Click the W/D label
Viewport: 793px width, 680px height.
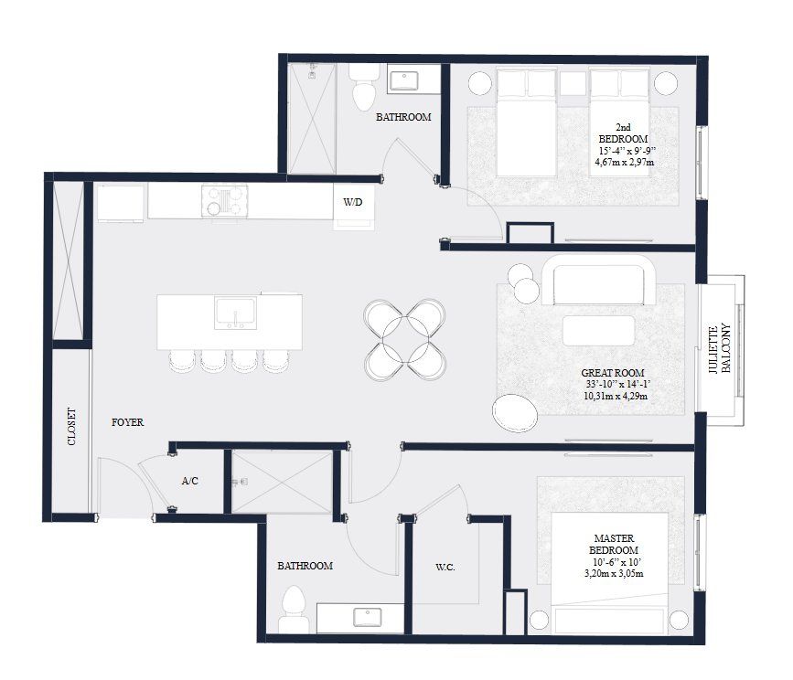click(352, 203)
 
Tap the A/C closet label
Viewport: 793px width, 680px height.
click(190, 481)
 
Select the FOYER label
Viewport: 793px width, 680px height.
click(127, 422)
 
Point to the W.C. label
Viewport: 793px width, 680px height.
click(445, 568)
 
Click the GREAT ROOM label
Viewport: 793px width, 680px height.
click(613, 373)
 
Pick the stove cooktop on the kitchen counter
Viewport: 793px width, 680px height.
click(225, 200)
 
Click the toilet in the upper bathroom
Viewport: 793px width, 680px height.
click(363, 87)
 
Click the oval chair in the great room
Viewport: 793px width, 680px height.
click(515, 412)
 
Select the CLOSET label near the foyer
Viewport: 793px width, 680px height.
click(71, 427)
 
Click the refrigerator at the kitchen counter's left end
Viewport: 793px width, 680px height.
click(120, 203)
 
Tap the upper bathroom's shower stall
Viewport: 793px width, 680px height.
click(312, 116)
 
